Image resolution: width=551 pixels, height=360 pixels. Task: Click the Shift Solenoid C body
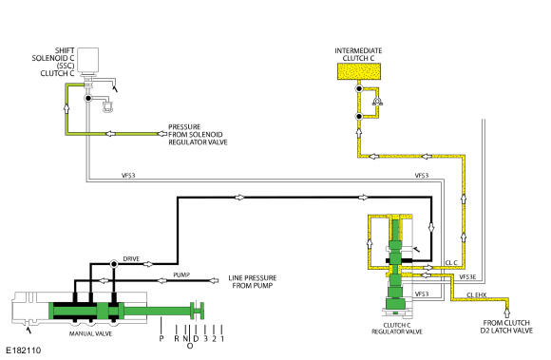[87, 60]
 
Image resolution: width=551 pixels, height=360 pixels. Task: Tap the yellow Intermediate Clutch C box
[359, 71]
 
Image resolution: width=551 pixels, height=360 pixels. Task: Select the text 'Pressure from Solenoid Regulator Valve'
[198, 135]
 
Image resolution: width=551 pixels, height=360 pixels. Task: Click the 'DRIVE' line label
[131, 259]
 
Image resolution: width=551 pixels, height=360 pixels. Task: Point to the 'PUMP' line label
[181, 275]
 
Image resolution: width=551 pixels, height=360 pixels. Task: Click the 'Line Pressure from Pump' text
[253, 282]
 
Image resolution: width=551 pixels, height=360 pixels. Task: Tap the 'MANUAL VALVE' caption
[90, 333]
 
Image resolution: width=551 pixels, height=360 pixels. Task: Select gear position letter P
[161, 338]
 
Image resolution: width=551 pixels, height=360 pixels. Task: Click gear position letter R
[177, 338]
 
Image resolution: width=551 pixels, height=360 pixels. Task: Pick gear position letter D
[196, 338]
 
